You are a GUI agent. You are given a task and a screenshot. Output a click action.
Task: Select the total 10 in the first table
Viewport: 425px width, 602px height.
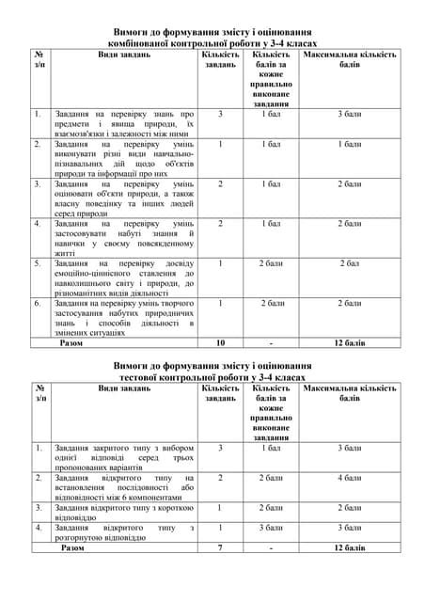(x=220, y=343)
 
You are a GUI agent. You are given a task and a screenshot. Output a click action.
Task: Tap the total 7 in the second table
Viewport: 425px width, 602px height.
(x=220, y=547)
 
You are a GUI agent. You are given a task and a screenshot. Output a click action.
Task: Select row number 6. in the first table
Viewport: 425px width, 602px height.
(x=39, y=303)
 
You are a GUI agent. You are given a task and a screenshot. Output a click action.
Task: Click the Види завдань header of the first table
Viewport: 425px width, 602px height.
(x=124, y=55)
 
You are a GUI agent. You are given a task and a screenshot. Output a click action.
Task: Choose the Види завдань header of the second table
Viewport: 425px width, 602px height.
(x=124, y=388)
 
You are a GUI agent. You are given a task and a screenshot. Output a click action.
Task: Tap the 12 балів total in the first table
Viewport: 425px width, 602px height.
(x=349, y=343)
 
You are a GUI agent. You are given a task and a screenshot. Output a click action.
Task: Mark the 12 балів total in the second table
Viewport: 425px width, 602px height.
(x=349, y=547)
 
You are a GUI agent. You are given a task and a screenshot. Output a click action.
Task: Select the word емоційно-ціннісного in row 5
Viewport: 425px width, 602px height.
(x=91, y=273)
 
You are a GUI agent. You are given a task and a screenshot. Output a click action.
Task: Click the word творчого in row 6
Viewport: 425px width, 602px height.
(x=176, y=303)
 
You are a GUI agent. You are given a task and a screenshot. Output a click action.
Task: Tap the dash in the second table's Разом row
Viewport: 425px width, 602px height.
(x=271, y=547)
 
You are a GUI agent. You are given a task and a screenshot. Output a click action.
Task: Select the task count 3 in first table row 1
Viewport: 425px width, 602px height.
(x=220, y=114)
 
